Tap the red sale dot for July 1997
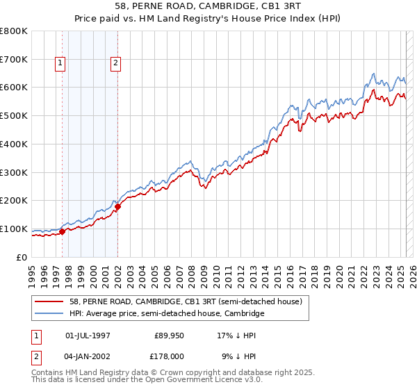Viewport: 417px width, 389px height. tap(63, 231)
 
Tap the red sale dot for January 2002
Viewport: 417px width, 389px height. tap(118, 206)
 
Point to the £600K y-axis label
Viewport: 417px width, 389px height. tap(14, 88)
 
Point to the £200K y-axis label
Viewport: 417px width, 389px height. tap(14, 201)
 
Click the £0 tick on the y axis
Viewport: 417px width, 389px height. tap(22, 257)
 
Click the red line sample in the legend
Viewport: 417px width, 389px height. tap(48, 302)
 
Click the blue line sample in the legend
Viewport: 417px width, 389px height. tap(48, 314)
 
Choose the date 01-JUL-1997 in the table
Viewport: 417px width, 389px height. tap(88, 336)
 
